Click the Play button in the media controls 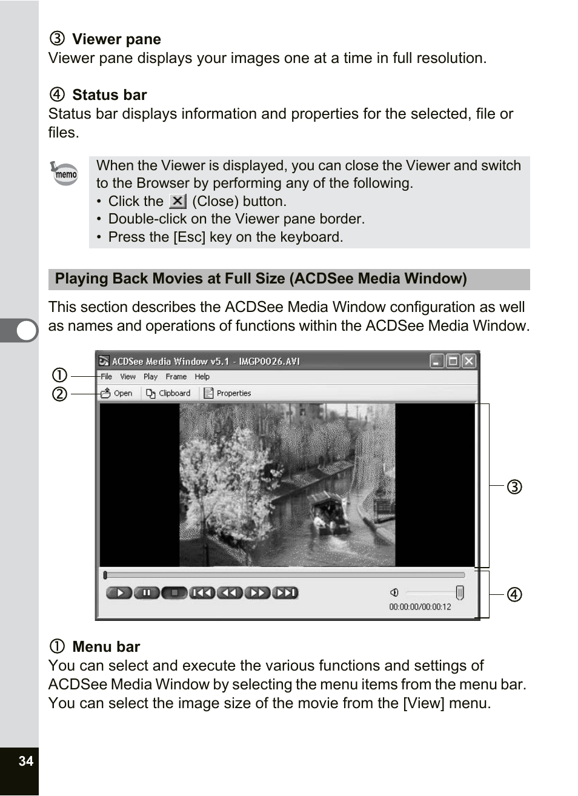119,592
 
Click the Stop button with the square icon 174,592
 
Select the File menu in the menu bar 106,376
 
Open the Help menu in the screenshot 202,376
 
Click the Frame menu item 176,376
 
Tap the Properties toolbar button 227,393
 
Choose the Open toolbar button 116,393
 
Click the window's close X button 468,361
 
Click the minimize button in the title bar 437,361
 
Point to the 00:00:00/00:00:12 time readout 420,606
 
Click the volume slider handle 460,592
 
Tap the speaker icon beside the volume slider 394,592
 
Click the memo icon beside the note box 65,173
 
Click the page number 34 25,761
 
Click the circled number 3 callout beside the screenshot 514,486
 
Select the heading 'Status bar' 109,95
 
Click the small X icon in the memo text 177,201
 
